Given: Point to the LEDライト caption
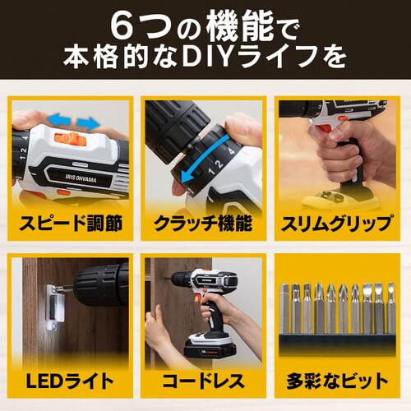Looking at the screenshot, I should (x=69, y=381).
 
